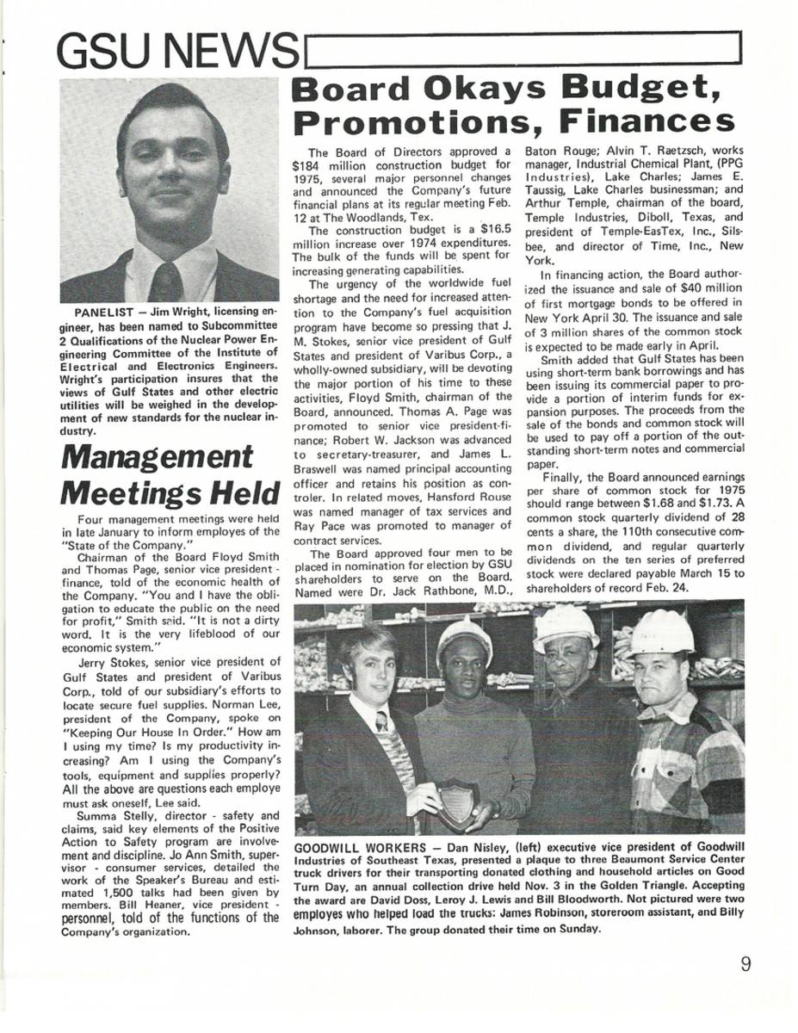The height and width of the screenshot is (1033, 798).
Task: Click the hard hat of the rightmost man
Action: click(x=661, y=634)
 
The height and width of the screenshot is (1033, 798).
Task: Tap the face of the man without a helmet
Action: click(x=366, y=664)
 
